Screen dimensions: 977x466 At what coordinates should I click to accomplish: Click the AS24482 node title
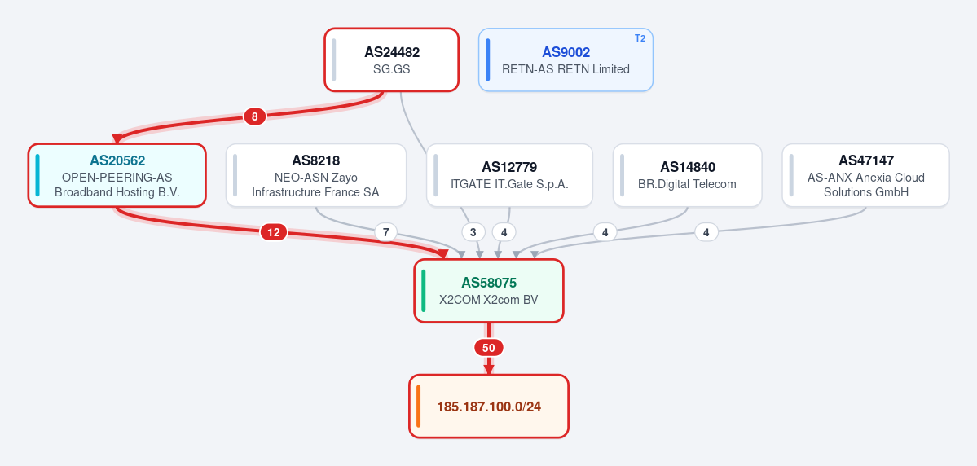point(392,52)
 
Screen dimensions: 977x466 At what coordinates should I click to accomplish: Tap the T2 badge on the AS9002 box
point(640,38)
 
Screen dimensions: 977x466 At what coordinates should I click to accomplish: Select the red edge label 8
point(254,116)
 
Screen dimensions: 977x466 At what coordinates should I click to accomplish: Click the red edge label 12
point(274,232)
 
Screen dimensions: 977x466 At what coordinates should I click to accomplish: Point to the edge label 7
point(385,232)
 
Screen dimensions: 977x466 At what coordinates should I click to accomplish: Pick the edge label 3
point(473,232)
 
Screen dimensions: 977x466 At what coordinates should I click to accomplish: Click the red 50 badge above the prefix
point(489,348)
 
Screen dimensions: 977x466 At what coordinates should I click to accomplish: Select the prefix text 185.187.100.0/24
point(489,407)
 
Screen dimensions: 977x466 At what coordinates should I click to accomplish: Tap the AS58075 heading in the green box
point(489,284)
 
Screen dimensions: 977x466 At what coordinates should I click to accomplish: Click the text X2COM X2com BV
point(489,300)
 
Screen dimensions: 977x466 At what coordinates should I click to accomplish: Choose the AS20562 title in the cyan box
point(117,160)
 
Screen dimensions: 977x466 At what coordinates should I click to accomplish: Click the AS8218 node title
point(316,160)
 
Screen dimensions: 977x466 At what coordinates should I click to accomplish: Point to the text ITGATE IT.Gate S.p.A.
point(509,184)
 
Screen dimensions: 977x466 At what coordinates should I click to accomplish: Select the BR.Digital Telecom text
point(687,184)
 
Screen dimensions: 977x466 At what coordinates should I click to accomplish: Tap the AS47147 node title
point(866,160)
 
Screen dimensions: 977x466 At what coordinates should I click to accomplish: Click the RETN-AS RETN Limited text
point(566,68)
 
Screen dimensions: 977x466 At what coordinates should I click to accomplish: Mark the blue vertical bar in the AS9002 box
point(488,59)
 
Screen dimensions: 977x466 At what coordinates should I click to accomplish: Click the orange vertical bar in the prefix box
point(419,407)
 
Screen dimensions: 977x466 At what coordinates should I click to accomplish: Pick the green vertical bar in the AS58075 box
point(424,291)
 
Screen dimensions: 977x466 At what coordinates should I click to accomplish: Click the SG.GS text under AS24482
point(392,68)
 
